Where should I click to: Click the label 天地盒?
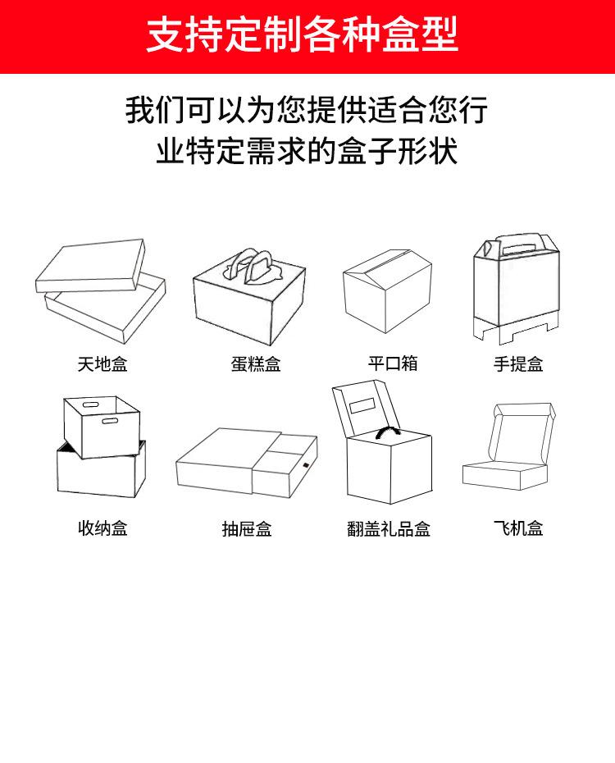(102, 363)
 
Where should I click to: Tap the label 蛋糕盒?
(255, 364)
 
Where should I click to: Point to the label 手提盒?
(518, 364)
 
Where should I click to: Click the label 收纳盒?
(102, 528)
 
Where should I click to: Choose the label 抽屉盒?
(247, 529)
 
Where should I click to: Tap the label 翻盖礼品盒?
(389, 529)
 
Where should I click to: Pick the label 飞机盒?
(518, 528)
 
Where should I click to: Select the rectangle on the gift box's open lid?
(362, 406)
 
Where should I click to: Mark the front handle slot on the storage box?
(110, 423)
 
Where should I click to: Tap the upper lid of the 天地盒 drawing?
(90, 267)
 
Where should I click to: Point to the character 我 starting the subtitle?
(139, 109)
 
